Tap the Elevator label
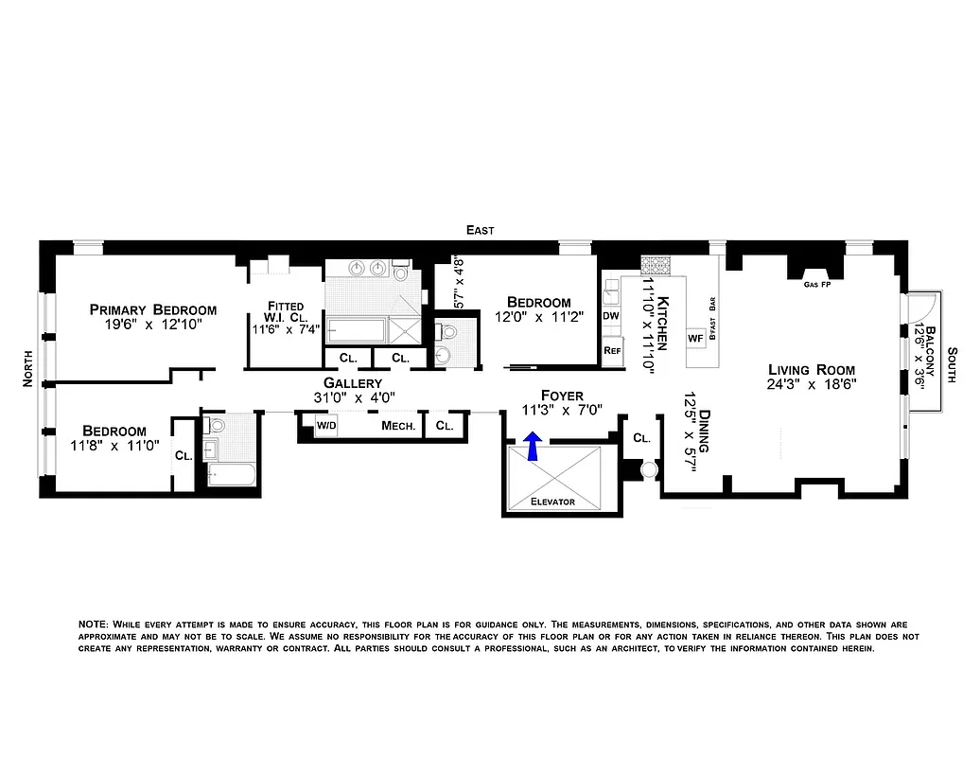click(552, 502)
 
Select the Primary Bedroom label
click(152, 309)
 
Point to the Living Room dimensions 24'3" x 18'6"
click(812, 385)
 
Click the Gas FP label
click(817, 283)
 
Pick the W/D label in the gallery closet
click(326, 426)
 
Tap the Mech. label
click(398, 426)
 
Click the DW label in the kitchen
click(611, 315)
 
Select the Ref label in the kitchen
click(611, 349)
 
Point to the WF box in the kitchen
click(694, 337)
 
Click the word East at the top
click(480, 230)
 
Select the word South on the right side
click(953, 361)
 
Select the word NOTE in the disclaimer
click(93, 625)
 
